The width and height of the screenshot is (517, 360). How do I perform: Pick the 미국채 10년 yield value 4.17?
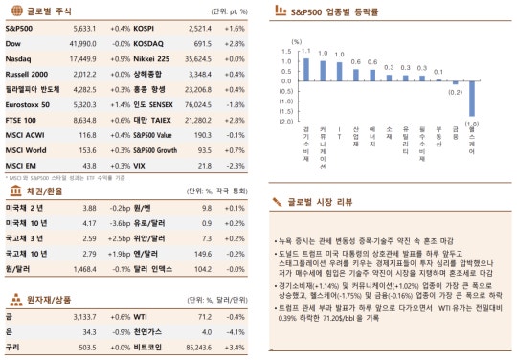click(x=90, y=222)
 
